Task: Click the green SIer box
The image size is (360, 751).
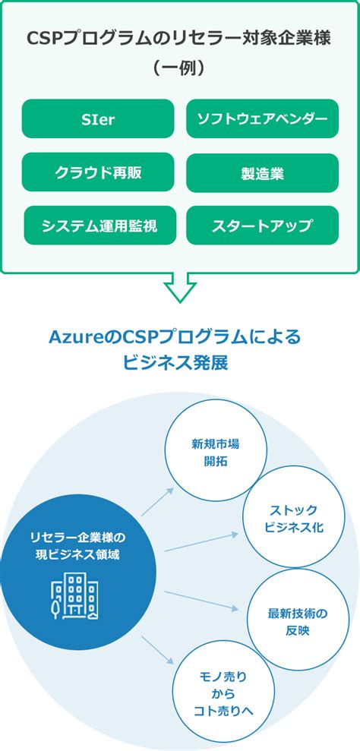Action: [x=98, y=119]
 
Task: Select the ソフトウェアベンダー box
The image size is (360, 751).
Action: [x=262, y=119]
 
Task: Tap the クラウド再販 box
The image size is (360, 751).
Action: [x=98, y=172]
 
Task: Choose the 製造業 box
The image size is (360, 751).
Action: [x=262, y=172]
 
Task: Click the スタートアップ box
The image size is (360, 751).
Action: [x=262, y=226]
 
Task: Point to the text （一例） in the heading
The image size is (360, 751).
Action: [x=179, y=68]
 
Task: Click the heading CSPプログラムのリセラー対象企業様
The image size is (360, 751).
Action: [x=179, y=39]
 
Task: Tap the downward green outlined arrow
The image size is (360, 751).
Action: [x=179, y=287]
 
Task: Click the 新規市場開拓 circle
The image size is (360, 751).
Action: [x=216, y=452]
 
